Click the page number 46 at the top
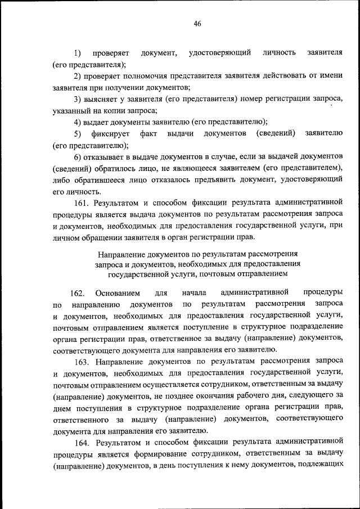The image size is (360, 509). pyautogui.click(x=197, y=24)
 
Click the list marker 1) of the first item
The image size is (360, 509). pyautogui.click(x=77, y=53)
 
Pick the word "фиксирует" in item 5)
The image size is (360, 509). pyautogui.click(x=114, y=134)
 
